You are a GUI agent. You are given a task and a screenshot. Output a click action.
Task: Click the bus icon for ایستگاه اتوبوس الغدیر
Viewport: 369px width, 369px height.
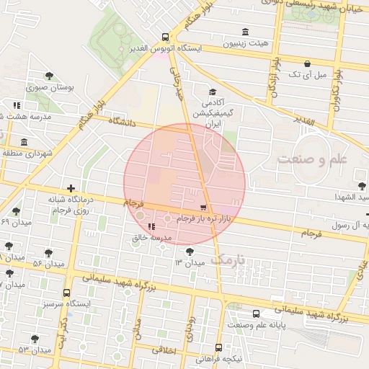coord(166,37)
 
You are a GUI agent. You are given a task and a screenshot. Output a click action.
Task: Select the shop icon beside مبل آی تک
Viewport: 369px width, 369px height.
coord(308,63)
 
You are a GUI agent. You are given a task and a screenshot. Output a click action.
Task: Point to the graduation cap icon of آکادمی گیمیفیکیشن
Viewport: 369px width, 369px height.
coord(212,92)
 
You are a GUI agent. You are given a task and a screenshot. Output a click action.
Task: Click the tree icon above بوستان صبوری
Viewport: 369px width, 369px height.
coord(49,76)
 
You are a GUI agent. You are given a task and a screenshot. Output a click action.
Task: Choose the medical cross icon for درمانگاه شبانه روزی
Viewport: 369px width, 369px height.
coord(71,188)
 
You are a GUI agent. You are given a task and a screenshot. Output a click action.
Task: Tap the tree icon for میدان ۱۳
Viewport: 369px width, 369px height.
coord(189,252)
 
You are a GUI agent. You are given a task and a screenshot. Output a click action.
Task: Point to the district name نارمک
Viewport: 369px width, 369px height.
coord(230,259)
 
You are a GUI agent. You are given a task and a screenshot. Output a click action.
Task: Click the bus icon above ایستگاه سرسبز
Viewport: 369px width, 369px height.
coord(67,293)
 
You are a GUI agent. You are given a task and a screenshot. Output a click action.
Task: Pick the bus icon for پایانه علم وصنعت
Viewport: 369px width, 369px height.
coord(257,314)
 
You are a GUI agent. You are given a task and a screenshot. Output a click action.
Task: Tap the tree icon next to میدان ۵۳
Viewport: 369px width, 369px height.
coord(35,339)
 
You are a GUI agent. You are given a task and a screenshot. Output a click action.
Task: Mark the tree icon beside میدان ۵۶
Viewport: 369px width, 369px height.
coord(48,254)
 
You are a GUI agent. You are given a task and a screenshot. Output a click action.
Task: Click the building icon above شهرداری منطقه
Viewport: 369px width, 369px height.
coord(25,142)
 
